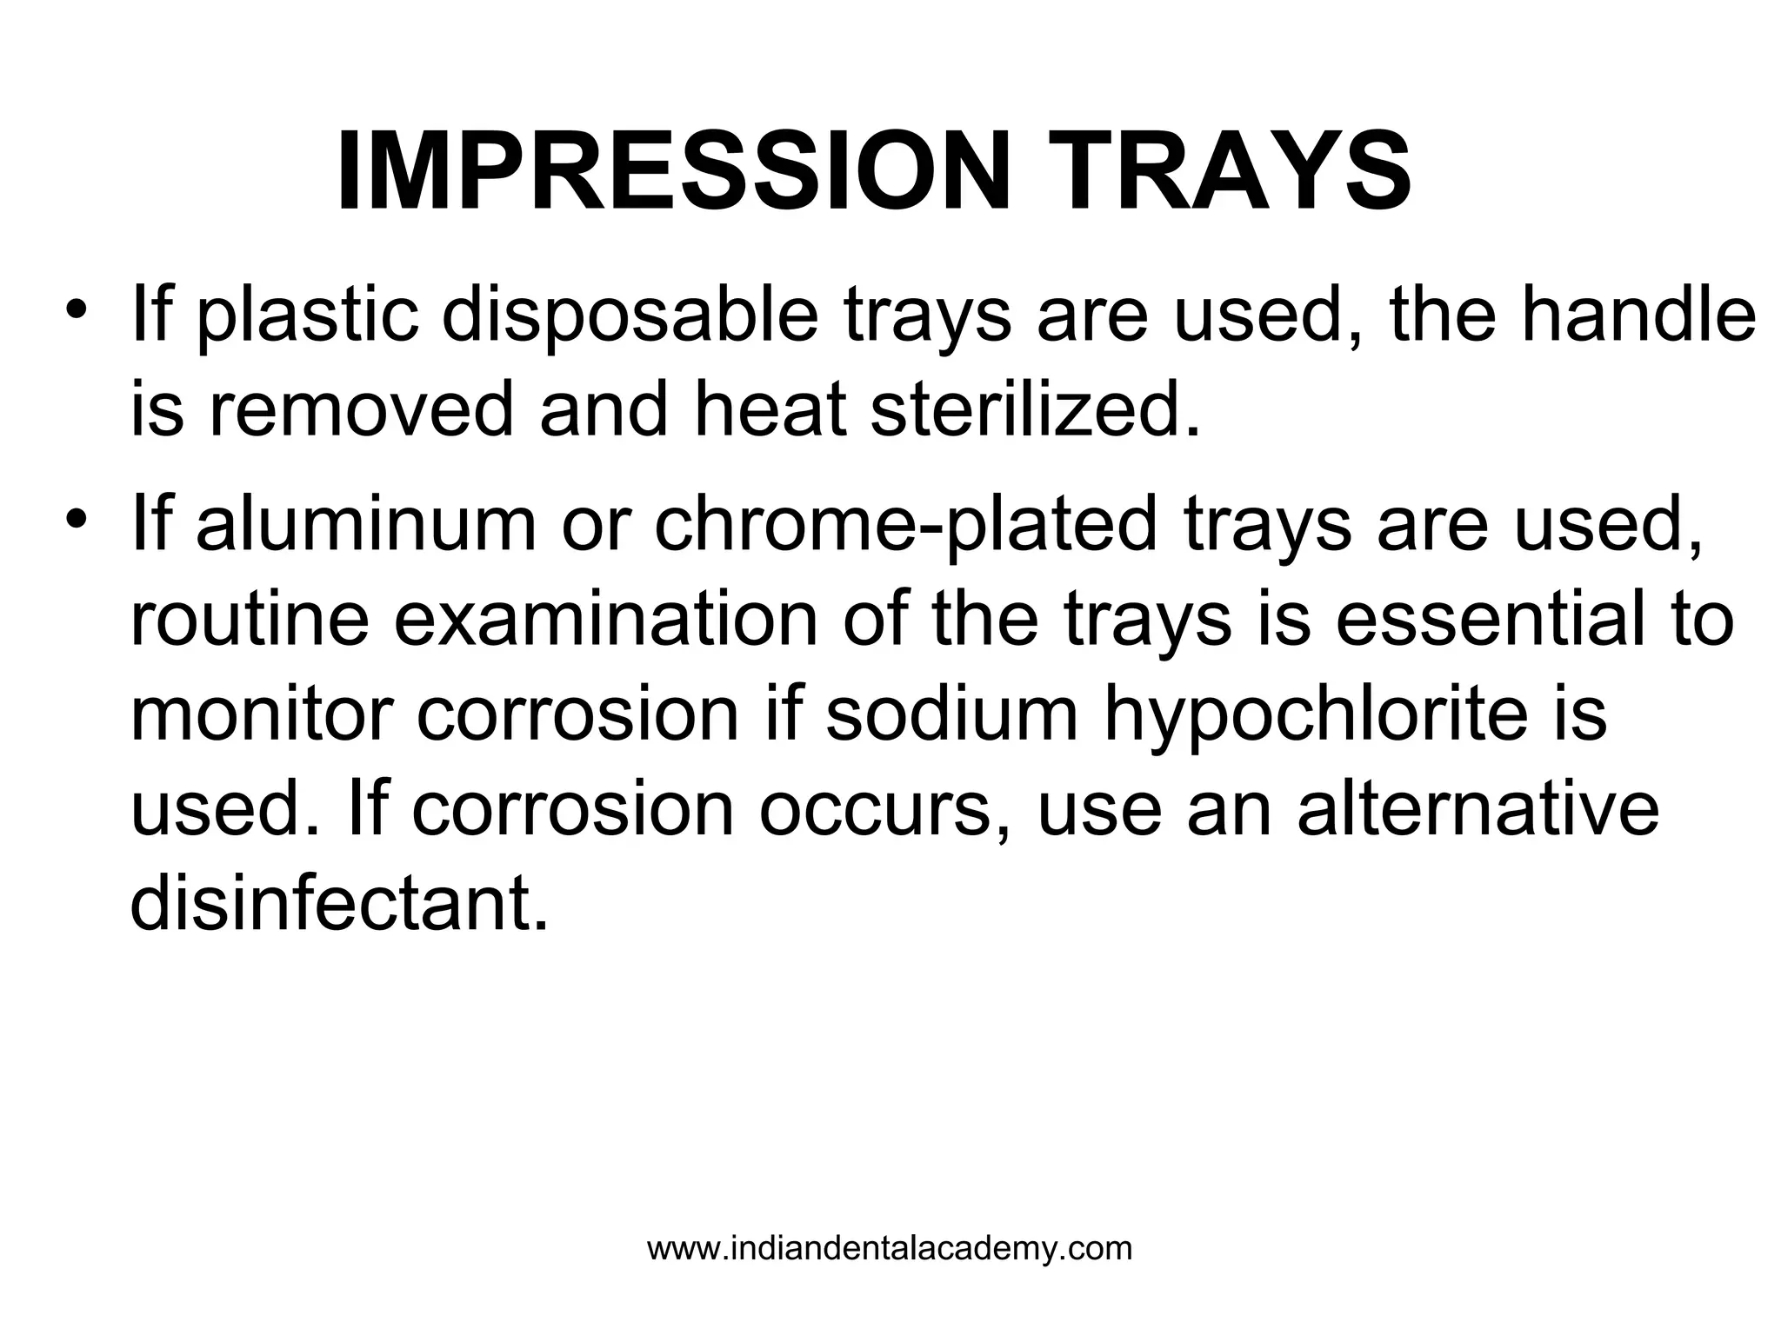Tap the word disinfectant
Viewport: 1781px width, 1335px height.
339,904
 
